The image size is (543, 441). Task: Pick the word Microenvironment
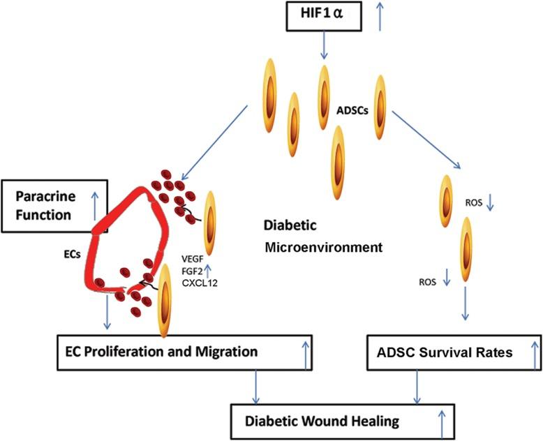(x=311, y=248)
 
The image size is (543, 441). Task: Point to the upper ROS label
(x=473, y=203)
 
